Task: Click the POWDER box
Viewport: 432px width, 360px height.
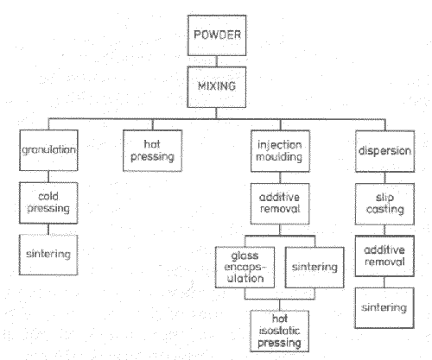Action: coord(217,35)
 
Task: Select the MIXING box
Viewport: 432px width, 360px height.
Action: coord(217,87)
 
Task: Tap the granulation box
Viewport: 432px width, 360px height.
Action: coord(48,150)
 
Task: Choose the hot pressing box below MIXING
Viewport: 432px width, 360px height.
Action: coord(153,151)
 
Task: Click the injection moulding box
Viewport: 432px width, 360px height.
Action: coord(280,151)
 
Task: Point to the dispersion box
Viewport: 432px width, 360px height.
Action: coord(385,151)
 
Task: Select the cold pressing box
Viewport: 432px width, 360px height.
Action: coord(48,203)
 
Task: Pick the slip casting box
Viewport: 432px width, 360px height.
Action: coord(384,204)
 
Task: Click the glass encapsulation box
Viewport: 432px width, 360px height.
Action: coord(245,268)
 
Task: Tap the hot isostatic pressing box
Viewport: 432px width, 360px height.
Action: coord(280,331)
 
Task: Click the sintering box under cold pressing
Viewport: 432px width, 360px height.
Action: coord(48,255)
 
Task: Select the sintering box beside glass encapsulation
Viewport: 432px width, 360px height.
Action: coord(314,268)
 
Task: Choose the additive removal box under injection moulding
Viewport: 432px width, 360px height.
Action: coord(280,204)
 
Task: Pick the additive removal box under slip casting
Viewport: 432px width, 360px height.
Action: coord(384,256)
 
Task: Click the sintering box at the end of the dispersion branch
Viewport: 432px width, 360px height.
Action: coord(384,308)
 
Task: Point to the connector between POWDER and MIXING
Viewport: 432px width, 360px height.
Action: coord(217,61)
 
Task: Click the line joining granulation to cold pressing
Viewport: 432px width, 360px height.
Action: coord(48,177)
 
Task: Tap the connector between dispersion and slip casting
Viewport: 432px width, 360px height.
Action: coord(385,178)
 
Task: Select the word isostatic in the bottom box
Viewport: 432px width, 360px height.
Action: coord(279,331)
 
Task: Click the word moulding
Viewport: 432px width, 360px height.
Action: coord(279,157)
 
